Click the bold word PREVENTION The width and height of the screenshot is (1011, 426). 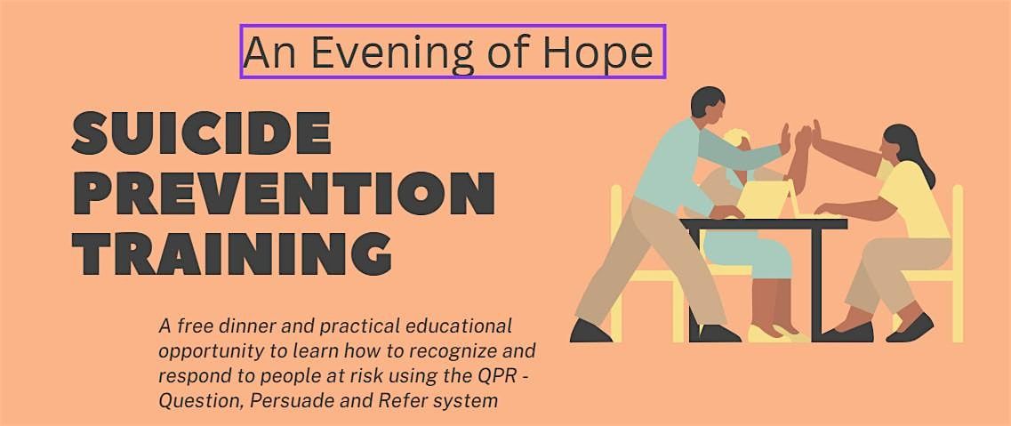283,193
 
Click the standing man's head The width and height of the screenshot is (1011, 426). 708,105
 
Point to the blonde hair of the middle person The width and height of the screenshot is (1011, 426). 734,141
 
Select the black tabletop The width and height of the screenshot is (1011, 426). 765,224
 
